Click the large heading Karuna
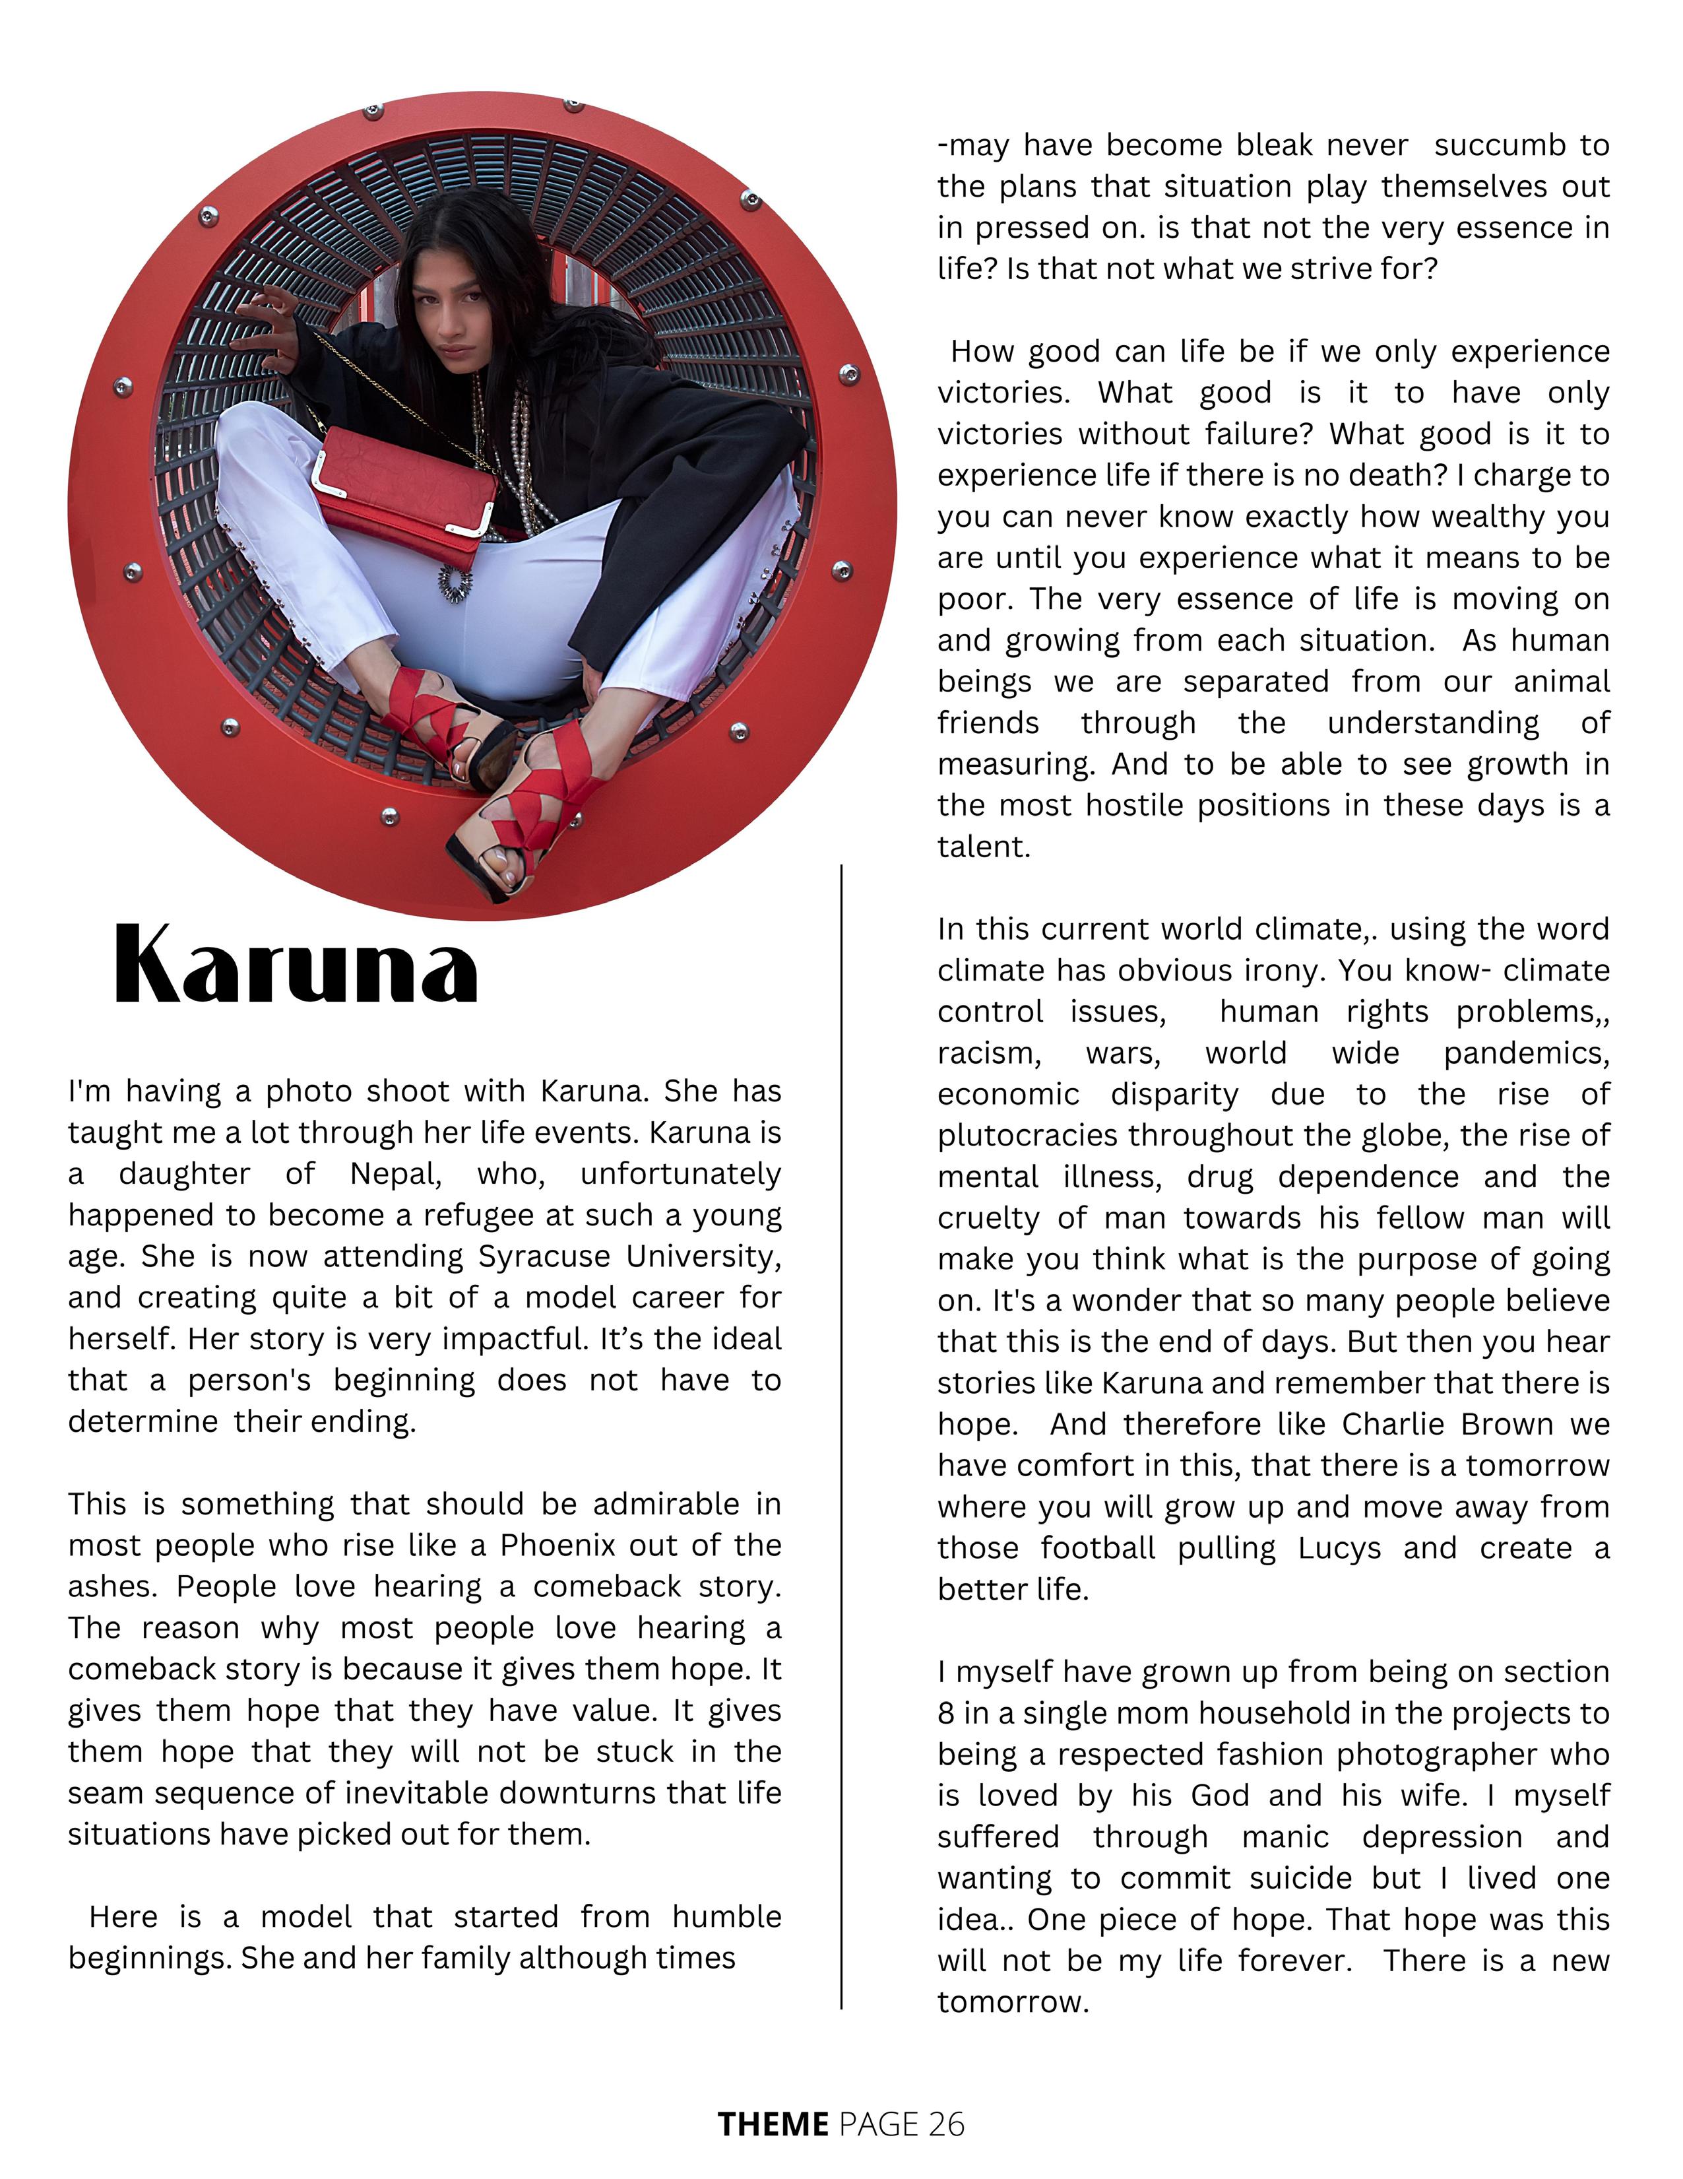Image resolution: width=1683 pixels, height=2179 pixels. point(296,965)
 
